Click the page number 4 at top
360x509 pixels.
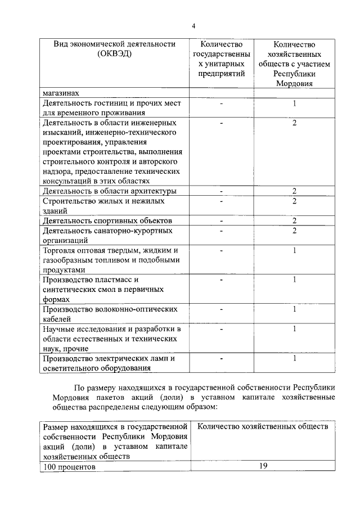click(193, 26)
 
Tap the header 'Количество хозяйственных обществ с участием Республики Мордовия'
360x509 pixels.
click(294, 64)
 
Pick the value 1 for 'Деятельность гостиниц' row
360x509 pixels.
click(294, 103)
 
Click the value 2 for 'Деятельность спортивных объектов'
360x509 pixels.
click(294, 220)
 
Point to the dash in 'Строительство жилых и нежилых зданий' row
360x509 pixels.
click(222, 201)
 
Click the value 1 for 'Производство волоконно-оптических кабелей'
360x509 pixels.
click(294, 309)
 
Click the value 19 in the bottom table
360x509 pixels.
click(263, 466)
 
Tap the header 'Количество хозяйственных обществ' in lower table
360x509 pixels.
click(263, 427)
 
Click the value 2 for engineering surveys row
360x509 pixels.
click(294, 123)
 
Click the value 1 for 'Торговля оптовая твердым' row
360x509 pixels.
click(294, 250)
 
